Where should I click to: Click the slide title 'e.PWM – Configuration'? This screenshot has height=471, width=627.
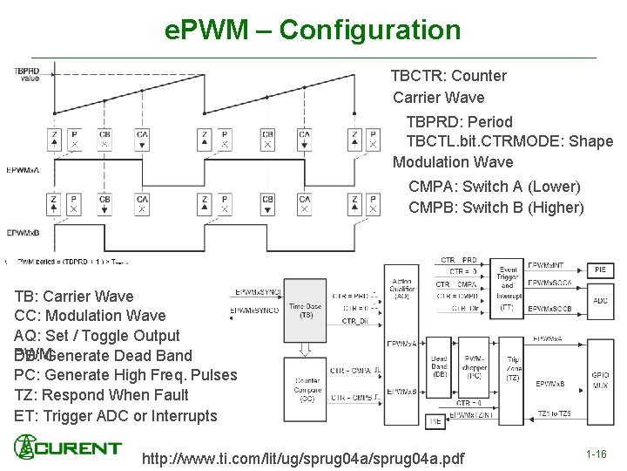pyautogui.click(x=313, y=31)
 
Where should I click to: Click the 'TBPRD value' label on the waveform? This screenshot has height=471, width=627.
pyautogui.click(x=26, y=73)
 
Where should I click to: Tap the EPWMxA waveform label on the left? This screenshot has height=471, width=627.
pyautogui.click(x=23, y=169)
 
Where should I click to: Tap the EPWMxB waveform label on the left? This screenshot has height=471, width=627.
pyautogui.click(x=23, y=233)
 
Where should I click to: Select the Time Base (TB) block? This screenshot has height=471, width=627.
pyautogui.click(x=307, y=310)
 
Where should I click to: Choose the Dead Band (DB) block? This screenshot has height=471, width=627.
pyautogui.click(x=440, y=367)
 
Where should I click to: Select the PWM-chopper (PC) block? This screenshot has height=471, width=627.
pyautogui.click(x=475, y=367)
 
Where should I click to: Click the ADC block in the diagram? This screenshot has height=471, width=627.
pyautogui.click(x=600, y=301)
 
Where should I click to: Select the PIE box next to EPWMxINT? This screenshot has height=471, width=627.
pyautogui.click(x=600, y=270)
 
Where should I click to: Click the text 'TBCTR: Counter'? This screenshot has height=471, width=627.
pyautogui.click(x=448, y=76)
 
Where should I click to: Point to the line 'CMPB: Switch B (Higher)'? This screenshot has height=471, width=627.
pyautogui.click(x=496, y=208)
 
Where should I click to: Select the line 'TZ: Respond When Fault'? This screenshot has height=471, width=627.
pyautogui.click(x=101, y=395)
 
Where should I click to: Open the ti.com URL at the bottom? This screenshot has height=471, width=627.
pyautogui.click(x=303, y=459)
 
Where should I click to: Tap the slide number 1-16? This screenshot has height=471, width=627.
pyautogui.click(x=597, y=454)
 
